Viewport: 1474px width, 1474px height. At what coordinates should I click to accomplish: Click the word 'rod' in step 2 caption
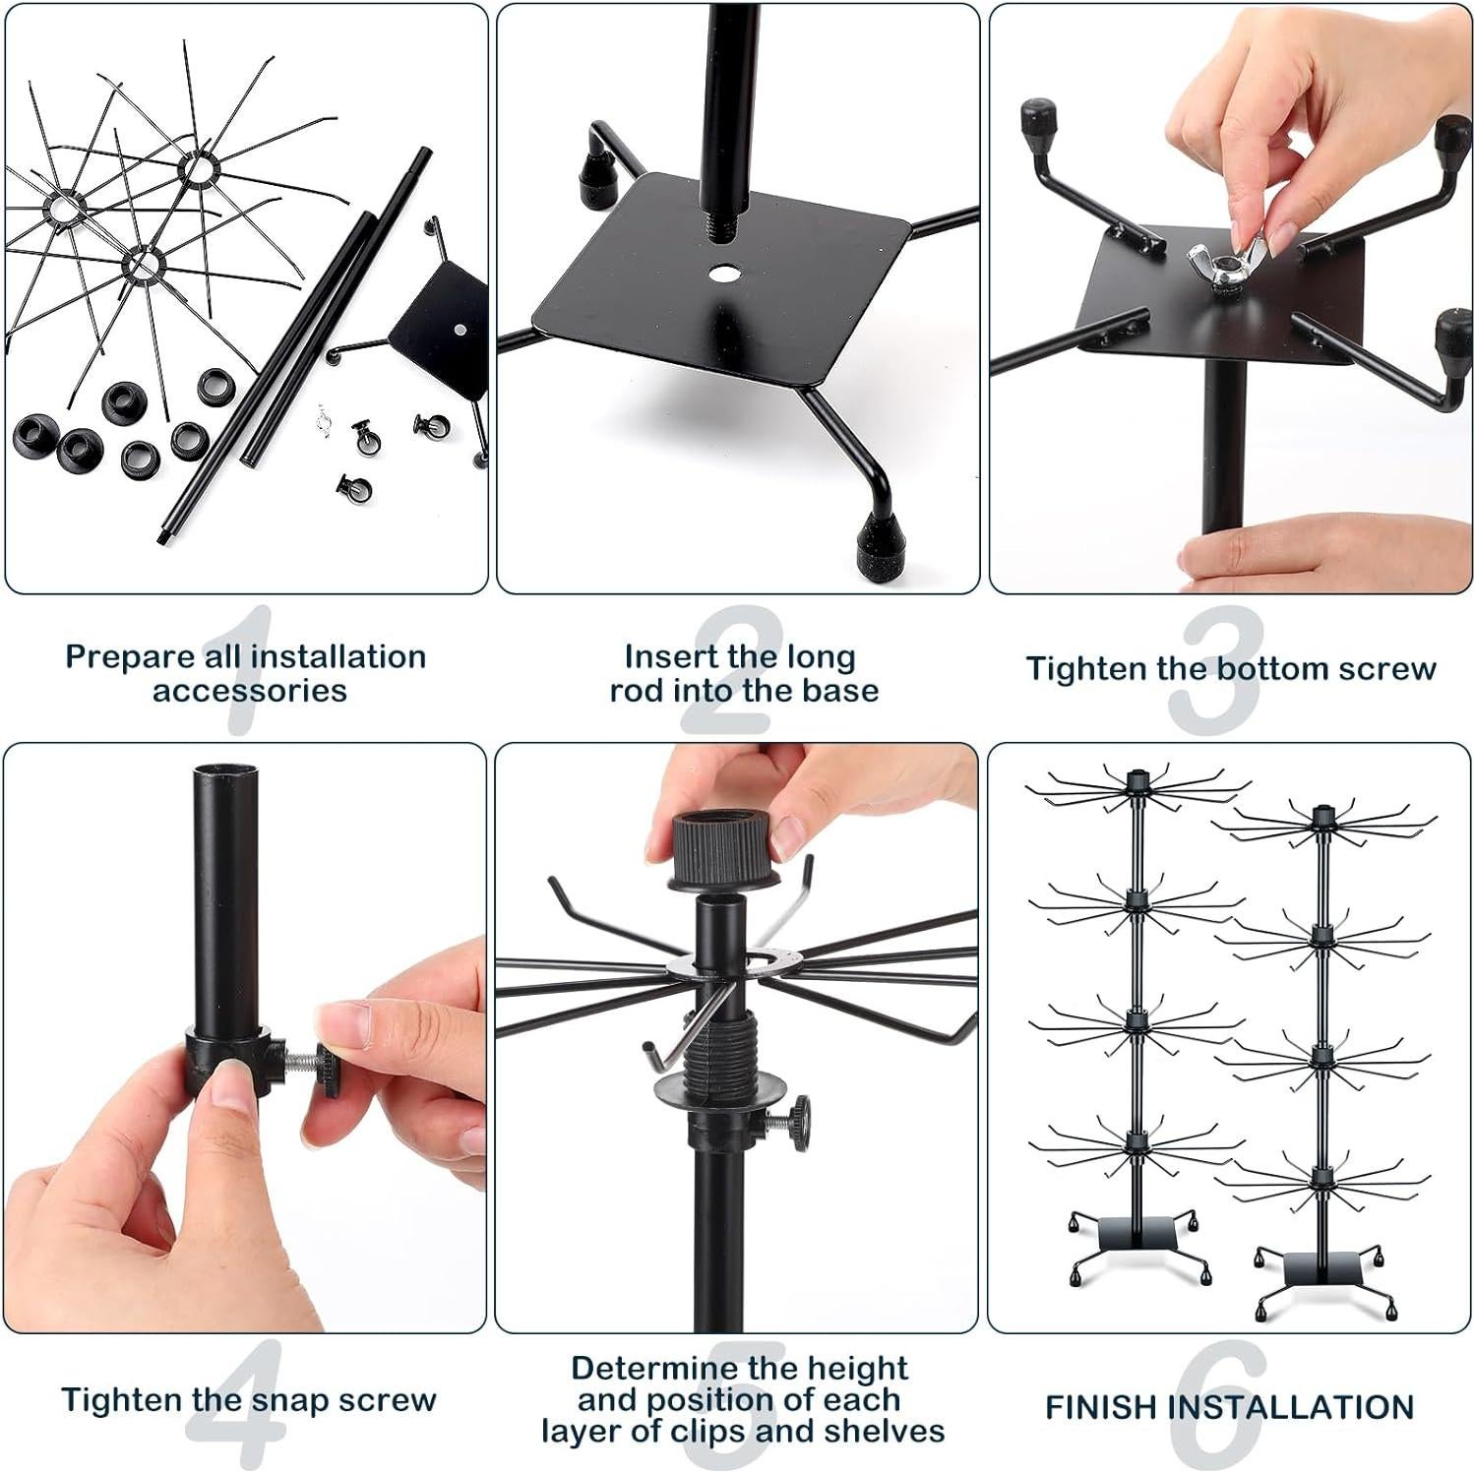click(x=637, y=691)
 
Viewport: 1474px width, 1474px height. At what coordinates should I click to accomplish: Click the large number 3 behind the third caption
click(x=1215, y=669)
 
